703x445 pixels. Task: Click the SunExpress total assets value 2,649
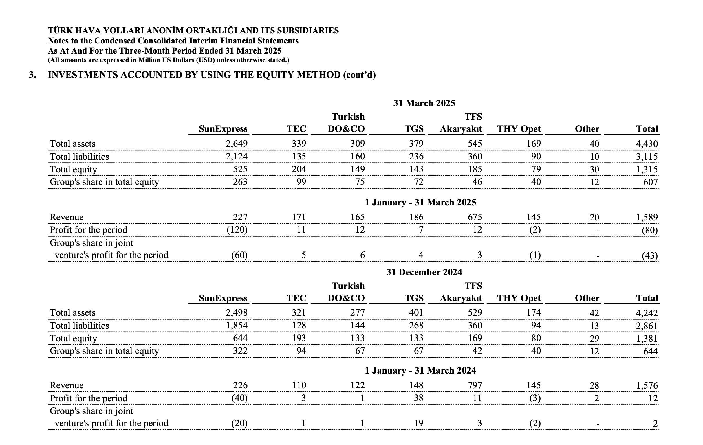tap(236, 144)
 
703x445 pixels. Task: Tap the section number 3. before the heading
tap(32, 75)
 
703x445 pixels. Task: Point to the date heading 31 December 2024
tap(424, 272)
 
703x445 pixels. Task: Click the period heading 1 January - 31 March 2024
tap(420, 370)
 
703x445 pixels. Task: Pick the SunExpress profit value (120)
tap(237, 230)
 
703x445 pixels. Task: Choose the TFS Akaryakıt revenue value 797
tap(475, 385)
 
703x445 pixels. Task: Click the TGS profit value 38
tap(418, 398)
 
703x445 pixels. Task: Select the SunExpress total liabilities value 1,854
tap(236, 326)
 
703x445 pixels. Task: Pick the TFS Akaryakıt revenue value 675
tap(475, 217)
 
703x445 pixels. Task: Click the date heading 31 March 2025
tap(424, 103)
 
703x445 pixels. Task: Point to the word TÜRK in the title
tap(59, 31)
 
